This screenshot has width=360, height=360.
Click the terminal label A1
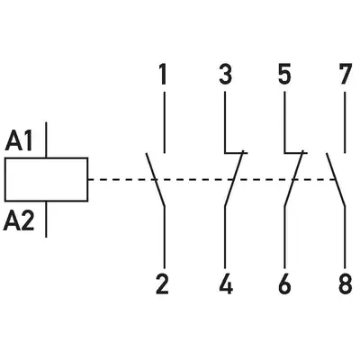(x=19, y=141)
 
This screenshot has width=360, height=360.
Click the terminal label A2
(x=19, y=221)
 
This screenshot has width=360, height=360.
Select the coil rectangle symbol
(x=46, y=179)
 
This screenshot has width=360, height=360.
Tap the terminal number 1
(x=162, y=75)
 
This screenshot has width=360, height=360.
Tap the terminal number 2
(x=162, y=284)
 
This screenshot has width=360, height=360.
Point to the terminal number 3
(x=225, y=75)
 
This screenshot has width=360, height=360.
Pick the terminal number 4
(x=226, y=284)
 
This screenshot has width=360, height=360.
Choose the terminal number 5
(x=284, y=75)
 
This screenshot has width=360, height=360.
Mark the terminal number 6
(x=284, y=284)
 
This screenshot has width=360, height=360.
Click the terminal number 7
(x=345, y=75)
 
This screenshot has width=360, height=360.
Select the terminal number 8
(x=345, y=284)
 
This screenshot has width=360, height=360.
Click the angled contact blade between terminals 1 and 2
(x=156, y=180)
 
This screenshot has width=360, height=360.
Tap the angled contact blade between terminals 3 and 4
(x=234, y=178)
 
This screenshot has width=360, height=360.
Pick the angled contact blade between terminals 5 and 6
(x=293, y=178)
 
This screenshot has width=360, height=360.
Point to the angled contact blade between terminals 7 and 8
(x=336, y=180)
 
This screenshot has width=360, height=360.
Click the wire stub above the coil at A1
(x=46, y=139)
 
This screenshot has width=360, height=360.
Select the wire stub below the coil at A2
(x=46, y=220)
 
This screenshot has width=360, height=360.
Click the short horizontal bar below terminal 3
(x=236, y=153)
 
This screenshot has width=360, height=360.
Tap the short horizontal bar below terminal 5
(x=295, y=153)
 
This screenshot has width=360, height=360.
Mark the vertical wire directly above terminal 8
(x=345, y=237)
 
